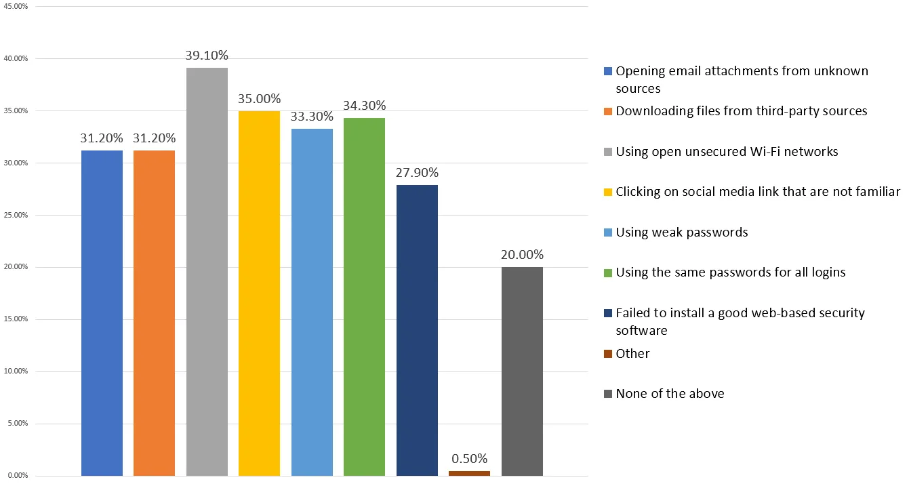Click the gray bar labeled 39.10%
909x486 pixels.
click(207, 271)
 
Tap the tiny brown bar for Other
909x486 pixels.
click(469, 472)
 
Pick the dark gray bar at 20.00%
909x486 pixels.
click(522, 371)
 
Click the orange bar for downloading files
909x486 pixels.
click(154, 312)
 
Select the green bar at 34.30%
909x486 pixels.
click(364, 296)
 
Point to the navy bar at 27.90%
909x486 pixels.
click(417, 329)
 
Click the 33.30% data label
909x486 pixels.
click(312, 116)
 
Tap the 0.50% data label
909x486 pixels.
click(469, 459)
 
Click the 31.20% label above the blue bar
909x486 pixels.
click(102, 138)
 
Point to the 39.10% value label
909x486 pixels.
click(207, 56)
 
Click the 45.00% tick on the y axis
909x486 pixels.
click(17, 7)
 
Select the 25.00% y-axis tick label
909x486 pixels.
click(17, 215)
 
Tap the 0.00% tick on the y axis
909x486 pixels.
click(18, 476)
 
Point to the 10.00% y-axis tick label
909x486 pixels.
click(17, 371)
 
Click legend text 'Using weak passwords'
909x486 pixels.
click(681, 232)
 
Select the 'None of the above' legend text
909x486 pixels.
click(670, 394)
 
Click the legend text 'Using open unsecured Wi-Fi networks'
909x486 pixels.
click(727, 152)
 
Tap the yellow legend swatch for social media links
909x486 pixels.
click(608, 193)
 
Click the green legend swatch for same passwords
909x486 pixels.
click(608, 273)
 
